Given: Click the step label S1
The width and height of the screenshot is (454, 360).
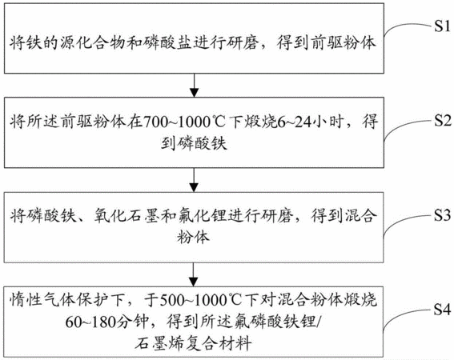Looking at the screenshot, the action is [442, 26].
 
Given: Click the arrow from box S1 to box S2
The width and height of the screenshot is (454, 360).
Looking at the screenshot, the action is [194, 86].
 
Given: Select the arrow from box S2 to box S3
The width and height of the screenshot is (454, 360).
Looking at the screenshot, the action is [194, 180].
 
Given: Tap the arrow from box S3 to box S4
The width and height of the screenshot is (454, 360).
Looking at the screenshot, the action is [194, 274].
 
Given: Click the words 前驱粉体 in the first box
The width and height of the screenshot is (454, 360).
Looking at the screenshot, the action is [344, 43].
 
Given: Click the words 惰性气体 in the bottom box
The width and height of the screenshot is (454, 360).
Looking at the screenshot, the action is [43, 300].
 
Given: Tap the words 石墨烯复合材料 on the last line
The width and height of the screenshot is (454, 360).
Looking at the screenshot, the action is [193, 343].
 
